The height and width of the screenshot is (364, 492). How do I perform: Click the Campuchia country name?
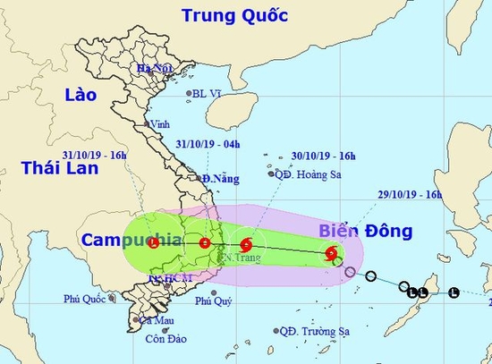pyautogui.click(x=132, y=240)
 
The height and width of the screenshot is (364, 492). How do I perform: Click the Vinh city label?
pyautogui.click(x=160, y=124)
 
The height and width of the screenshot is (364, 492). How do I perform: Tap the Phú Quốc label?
pyautogui.click(x=86, y=301)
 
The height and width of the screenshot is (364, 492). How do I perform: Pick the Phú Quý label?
pyautogui.click(x=214, y=301)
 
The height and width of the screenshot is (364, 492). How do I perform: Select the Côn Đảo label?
pyautogui.click(x=162, y=337)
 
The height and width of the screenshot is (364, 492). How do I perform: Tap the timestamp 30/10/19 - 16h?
pyautogui.click(x=323, y=157)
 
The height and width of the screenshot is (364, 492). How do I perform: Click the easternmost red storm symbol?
pyautogui.click(x=333, y=253)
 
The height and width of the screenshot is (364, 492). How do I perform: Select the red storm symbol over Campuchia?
pyautogui.click(x=154, y=241)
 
